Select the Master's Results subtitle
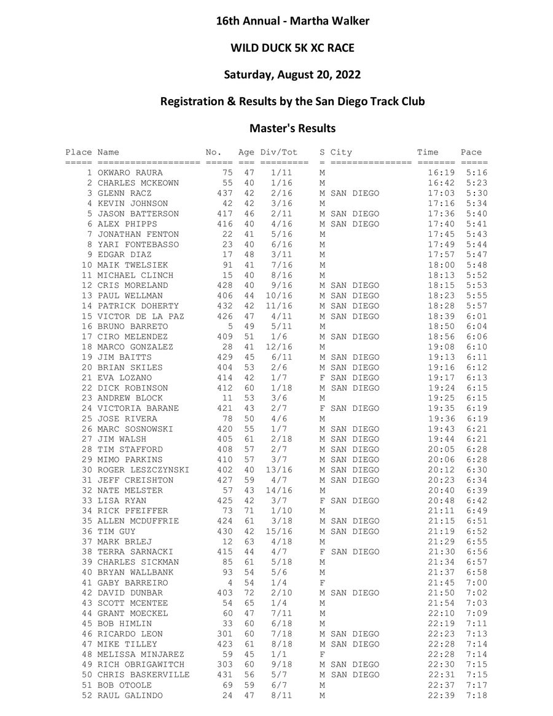pyautogui.click(x=292, y=129)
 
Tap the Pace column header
pyautogui.click(x=471, y=153)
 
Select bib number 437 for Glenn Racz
pyautogui.click(x=224, y=193)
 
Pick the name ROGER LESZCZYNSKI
pyautogui.click(x=143, y=470)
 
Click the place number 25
pyautogui.click(x=87, y=419)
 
